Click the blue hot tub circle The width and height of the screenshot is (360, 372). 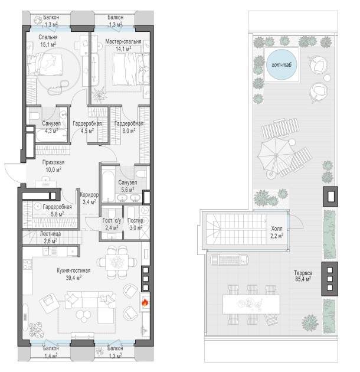pyautogui.click(x=282, y=64)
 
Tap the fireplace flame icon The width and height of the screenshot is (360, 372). pyautogui.click(x=145, y=302)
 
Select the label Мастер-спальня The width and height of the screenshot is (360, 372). pyautogui.click(x=123, y=41)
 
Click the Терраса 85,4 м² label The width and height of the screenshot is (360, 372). pyautogui.click(x=303, y=276)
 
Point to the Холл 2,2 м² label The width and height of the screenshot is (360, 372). pyautogui.click(x=277, y=232)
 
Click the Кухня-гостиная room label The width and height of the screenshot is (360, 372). pyautogui.click(x=74, y=270)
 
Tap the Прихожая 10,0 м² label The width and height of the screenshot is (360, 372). pyautogui.click(x=53, y=166)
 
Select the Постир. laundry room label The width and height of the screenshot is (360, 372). pyautogui.click(x=135, y=220)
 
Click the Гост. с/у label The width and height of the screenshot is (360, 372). pyautogui.click(x=112, y=220)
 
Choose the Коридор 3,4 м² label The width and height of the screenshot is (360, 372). pyautogui.click(x=89, y=198)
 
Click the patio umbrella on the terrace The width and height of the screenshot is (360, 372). pyautogui.click(x=276, y=155)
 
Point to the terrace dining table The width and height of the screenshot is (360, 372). pyautogui.click(x=251, y=304)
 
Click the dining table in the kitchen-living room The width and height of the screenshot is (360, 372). pyautogui.click(x=117, y=262)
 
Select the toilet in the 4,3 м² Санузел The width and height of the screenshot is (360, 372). pyautogui.click(x=35, y=116)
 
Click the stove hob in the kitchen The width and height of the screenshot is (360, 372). pyautogui.click(x=27, y=265)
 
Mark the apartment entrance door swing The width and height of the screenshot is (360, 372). pyautogui.click(x=13, y=172)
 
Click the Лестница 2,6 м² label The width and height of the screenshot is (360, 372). pyautogui.click(x=50, y=237)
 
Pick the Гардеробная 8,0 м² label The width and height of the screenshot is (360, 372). pyautogui.click(x=129, y=127)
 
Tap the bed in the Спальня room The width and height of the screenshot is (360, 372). pyautogui.click(x=45, y=64)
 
